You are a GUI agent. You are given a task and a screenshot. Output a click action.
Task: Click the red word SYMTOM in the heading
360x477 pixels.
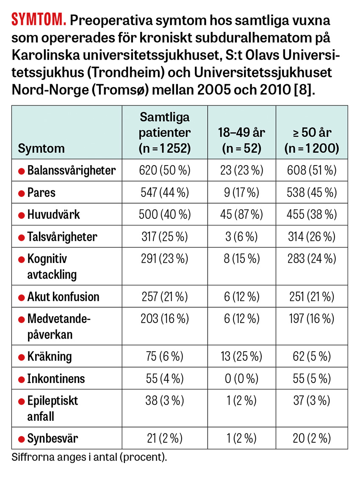(x=39, y=20)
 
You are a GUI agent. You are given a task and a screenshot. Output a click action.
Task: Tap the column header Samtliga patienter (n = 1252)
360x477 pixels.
(x=165, y=132)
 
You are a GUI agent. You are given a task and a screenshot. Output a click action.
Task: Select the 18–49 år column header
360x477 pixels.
(x=242, y=140)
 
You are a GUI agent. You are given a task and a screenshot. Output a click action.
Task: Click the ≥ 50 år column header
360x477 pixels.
(x=312, y=140)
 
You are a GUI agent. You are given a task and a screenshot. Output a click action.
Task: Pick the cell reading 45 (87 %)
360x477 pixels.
(x=242, y=215)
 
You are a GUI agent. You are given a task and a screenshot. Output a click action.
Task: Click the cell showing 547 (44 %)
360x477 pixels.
(x=165, y=193)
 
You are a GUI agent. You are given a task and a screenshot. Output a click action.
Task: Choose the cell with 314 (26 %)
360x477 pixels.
(x=312, y=237)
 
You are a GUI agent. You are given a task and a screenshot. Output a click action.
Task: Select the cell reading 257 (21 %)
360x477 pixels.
(x=165, y=297)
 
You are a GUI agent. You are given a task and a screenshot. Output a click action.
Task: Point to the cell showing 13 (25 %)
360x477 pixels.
(x=242, y=356)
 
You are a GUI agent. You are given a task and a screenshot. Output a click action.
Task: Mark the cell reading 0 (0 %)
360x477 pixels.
(x=242, y=378)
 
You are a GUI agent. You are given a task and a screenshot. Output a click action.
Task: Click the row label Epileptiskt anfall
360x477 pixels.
(x=53, y=408)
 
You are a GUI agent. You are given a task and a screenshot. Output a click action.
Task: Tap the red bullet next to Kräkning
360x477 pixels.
(x=21, y=357)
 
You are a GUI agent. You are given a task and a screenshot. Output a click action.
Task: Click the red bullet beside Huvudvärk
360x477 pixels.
(x=21, y=215)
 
